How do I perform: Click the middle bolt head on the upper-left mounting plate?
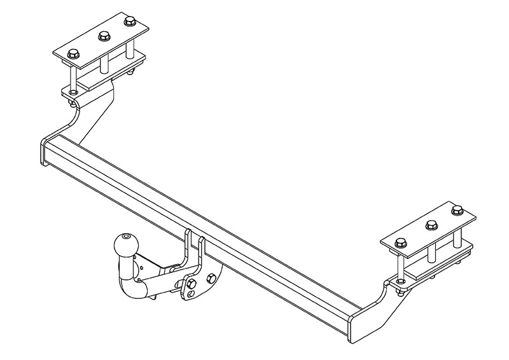click(102, 37)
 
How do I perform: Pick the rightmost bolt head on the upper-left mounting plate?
click(130, 21)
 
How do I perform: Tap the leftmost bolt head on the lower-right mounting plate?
click(400, 242)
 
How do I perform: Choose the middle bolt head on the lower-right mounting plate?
click(430, 225)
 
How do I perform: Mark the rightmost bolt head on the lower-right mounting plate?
click(456, 209)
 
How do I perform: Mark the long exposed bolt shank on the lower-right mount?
click(399, 264)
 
